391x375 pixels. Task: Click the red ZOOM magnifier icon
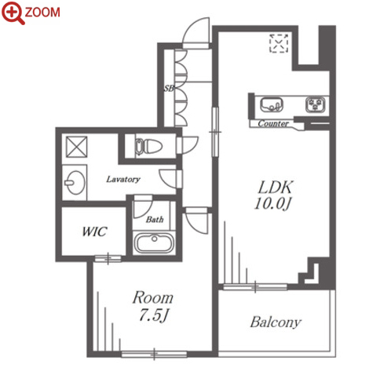13,13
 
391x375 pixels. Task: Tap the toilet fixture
148,146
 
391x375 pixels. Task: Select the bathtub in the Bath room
154,242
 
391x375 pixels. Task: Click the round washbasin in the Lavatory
75,183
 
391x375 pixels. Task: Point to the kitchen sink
272,104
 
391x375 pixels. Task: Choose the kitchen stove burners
315,105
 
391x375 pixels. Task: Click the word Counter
273,123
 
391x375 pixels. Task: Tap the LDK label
276,187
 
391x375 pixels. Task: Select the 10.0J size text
273,203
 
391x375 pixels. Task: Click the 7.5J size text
153,315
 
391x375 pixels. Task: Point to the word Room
153,297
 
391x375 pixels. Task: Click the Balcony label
276,322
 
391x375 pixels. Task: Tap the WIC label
94,231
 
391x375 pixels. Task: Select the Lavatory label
123,179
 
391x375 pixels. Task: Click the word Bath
155,219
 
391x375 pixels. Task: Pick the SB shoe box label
169,89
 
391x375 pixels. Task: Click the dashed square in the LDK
279,43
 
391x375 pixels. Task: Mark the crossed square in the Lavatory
76,147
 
